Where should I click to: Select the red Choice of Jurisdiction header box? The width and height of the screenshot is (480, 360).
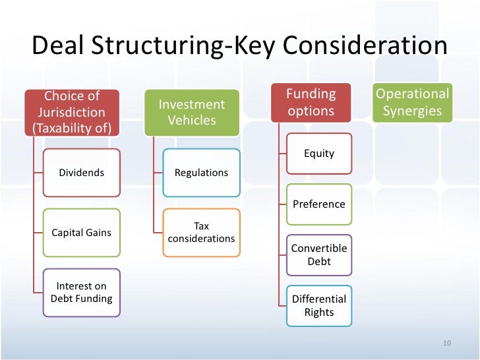pyautogui.click(x=72, y=111)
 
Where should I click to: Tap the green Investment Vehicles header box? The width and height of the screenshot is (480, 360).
pyautogui.click(x=191, y=112)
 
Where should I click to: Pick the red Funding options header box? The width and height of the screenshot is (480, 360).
pyautogui.click(x=311, y=102)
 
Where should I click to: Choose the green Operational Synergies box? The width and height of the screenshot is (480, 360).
pyautogui.click(x=412, y=102)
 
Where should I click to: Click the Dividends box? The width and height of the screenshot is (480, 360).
pyautogui.click(x=82, y=173)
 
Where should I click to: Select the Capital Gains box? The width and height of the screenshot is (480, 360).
pyautogui.click(x=82, y=233)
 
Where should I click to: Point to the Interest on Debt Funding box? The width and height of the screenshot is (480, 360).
pyautogui.click(x=82, y=292)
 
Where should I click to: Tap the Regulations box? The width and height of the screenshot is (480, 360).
pyautogui.click(x=201, y=173)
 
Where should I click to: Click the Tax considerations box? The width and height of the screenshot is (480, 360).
pyautogui.click(x=201, y=232)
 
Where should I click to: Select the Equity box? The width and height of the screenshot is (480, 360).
pyautogui.click(x=319, y=154)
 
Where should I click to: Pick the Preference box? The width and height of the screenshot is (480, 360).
pyautogui.click(x=319, y=204)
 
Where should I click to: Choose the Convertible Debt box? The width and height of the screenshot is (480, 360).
pyautogui.click(x=319, y=255)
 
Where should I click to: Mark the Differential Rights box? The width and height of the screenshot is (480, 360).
pyautogui.click(x=319, y=305)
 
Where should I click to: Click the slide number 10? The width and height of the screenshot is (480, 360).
pyautogui.click(x=446, y=344)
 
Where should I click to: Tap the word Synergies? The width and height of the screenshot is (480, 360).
pyautogui.click(x=412, y=111)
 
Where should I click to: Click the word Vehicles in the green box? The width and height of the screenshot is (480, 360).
pyautogui.click(x=192, y=120)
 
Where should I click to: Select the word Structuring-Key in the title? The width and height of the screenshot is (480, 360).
pyautogui.click(x=181, y=46)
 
